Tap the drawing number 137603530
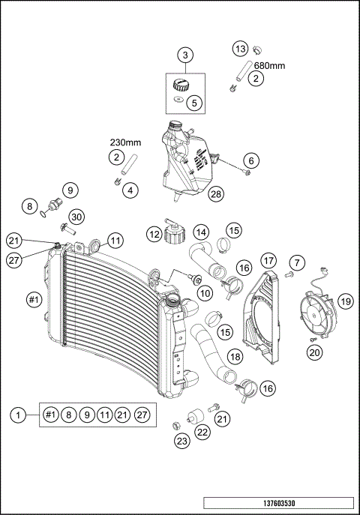coord(278,502)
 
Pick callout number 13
coord(240,49)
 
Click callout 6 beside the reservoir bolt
coord(251,160)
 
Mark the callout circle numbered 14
coord(200,232)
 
